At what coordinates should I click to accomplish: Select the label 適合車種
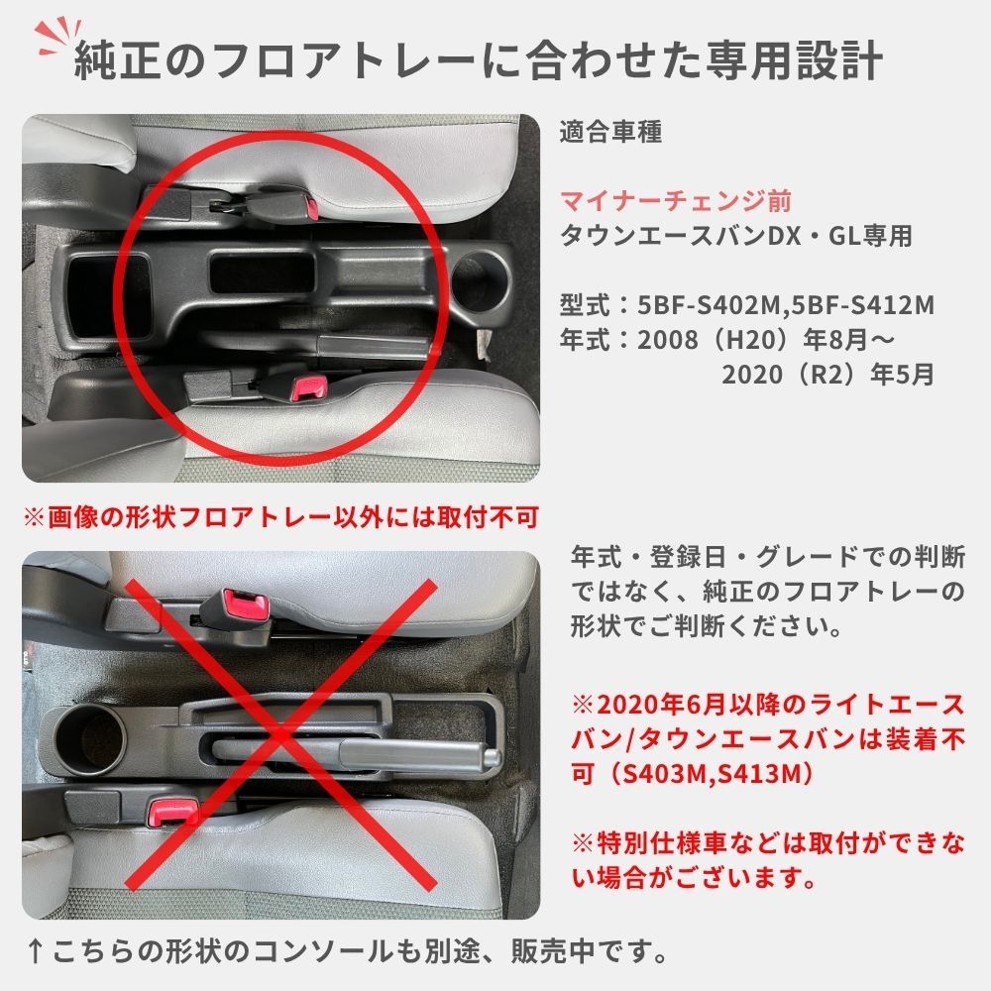coord(609,131)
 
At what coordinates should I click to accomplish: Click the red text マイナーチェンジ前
coord(676,201)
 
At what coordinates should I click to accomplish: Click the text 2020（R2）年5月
coord(827,376)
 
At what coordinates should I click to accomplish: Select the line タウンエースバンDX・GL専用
coord(735,236)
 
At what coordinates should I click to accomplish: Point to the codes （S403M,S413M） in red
coord(708,773)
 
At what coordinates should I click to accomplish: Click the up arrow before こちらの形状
coord(35,952)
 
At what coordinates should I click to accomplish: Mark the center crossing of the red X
coord(280,731)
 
